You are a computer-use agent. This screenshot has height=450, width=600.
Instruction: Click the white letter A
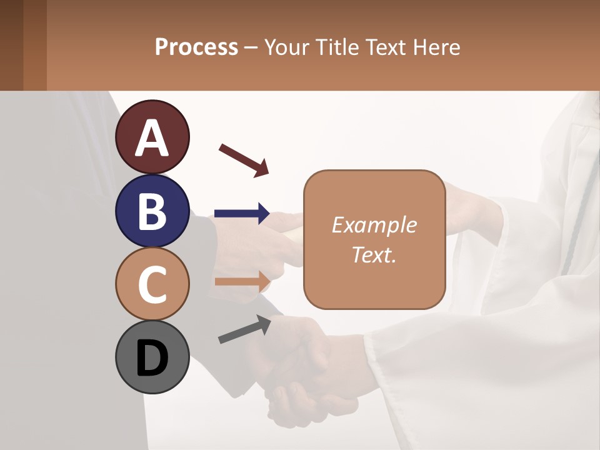coord(152,137)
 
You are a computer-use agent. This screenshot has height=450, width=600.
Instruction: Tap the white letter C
coord(152,284)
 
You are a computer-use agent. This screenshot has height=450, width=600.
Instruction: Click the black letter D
coord(152,357)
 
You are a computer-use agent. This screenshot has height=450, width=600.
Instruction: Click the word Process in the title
coord(196,47)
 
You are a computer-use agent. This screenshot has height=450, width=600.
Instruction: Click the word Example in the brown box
coord(374,225)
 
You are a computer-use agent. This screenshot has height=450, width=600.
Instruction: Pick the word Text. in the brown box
coord(374,254)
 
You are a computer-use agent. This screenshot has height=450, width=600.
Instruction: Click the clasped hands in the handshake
coord(300,369)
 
